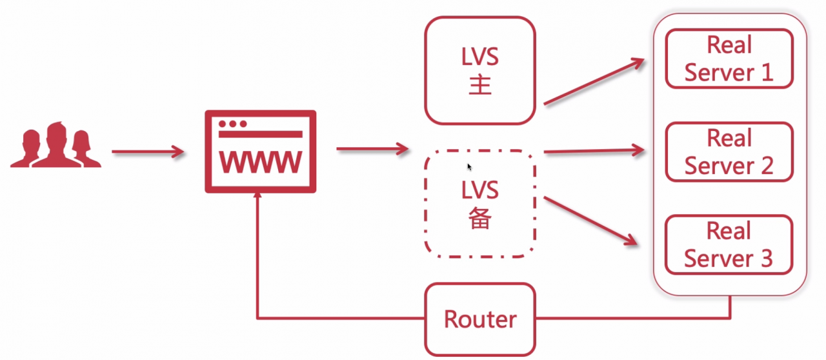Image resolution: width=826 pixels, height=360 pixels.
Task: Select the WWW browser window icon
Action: tap(261, 152)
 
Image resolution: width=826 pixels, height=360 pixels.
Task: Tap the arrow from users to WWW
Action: tap(148, 152)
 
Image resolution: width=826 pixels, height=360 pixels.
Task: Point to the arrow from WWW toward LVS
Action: tap(372, 150)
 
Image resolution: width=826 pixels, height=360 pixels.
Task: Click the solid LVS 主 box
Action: tap(480, 70)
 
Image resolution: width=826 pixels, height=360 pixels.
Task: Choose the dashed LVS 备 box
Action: tap(480, 204)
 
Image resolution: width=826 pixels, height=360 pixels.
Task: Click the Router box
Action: tap(480, 319)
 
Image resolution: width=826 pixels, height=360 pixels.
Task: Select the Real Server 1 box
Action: tap(729, 59)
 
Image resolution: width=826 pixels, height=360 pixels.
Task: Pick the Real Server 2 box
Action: tap(729, 152)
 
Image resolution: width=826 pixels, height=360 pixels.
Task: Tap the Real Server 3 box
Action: tap(729, 245)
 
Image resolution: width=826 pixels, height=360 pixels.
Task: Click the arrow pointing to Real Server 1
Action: tap(594, 81)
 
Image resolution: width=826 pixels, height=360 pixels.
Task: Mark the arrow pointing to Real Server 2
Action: tap(594, 151)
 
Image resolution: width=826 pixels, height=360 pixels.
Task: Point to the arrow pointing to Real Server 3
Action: tap(592, 221)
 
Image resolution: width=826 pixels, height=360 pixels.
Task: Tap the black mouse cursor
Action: tap(470, 166)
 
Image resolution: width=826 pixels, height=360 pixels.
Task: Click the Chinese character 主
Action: tap(480, 85)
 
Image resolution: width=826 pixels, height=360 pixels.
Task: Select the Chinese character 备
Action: tap(480, 219)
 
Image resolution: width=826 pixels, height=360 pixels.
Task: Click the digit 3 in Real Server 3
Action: tap(765, 258)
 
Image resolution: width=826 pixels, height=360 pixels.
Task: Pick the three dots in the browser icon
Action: tap(232, 123)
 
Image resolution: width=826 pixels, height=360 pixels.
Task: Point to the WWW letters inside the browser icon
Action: tap(261, 163)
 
